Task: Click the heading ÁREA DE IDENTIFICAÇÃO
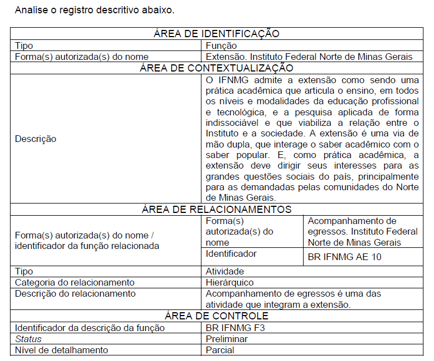pos(216,34)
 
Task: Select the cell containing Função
pos(221,45)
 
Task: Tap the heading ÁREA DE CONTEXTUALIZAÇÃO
pos(216,68)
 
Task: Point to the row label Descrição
pos(36,139)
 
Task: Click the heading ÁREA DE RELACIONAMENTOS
pos(216,209)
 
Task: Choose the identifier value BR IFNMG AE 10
pos(344,257)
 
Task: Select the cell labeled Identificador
pos(231,253)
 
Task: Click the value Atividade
pos(224,272)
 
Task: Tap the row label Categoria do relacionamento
pos(74,283)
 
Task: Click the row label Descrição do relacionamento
pos(75,293)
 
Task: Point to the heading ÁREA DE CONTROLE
pos(216,316)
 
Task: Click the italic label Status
pos(28,339)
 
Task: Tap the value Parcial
pos(220,350)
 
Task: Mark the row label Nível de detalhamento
pos(61,350)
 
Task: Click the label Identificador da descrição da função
pos(89,328)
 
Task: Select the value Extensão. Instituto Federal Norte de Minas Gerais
pos(309,57)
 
